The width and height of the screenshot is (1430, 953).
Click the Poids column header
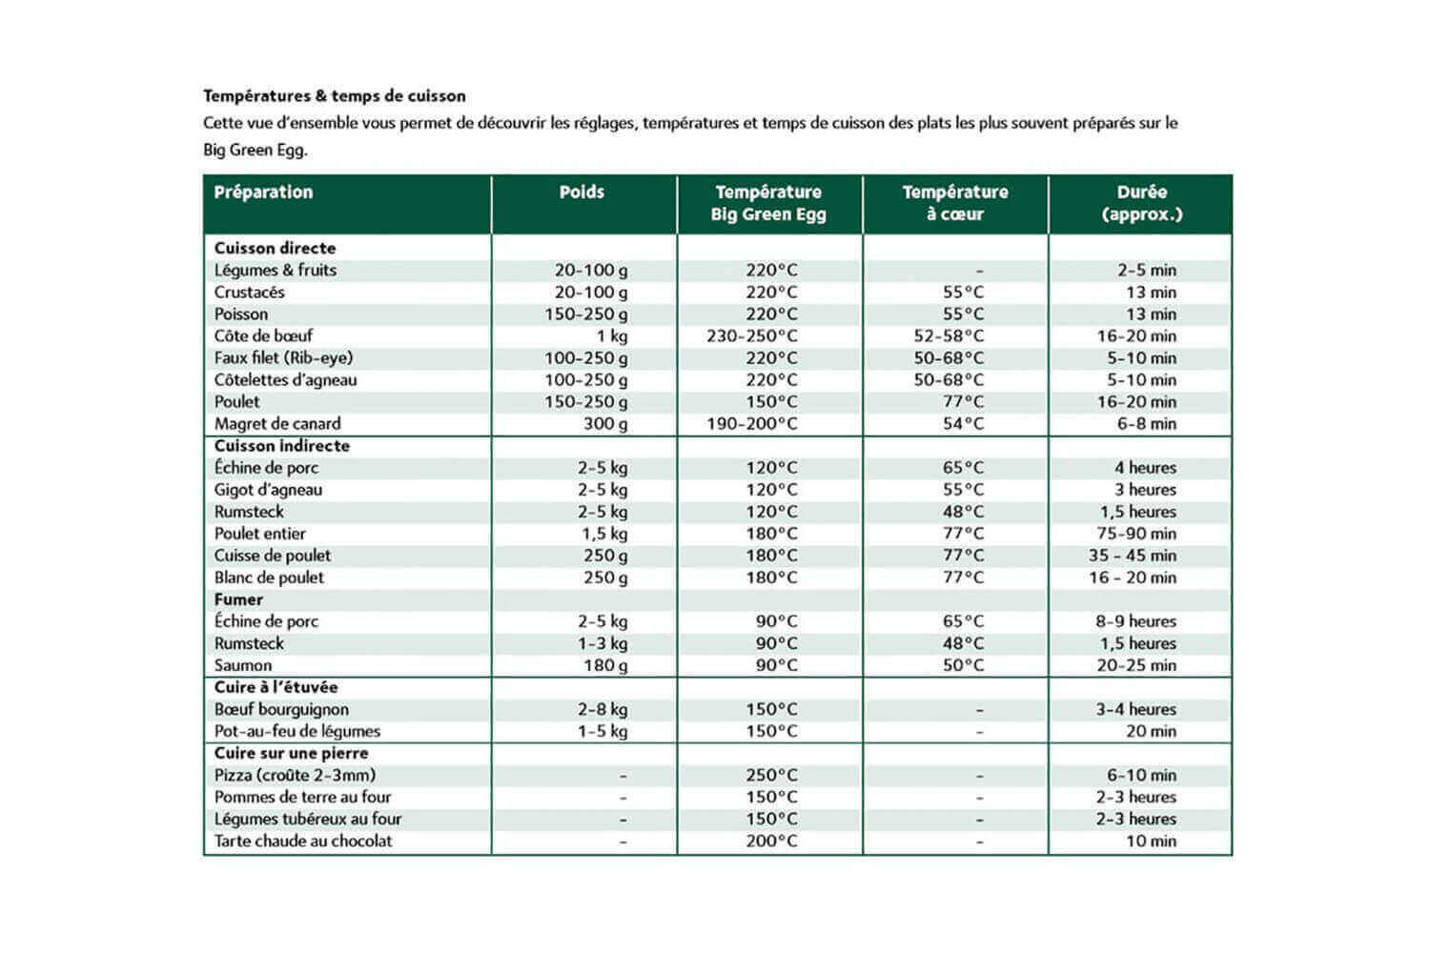pos(582,193)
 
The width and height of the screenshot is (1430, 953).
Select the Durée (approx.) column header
pos(1141,203)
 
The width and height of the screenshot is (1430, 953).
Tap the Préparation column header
pos(263,193)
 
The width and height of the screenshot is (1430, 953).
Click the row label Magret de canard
pos(277,424)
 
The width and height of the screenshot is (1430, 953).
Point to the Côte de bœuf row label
pos(263,336)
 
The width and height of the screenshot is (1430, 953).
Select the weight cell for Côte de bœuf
pos(611,336)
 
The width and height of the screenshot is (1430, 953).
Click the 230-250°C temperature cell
pos(752,336)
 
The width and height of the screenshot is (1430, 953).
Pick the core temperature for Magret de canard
pos(963,424)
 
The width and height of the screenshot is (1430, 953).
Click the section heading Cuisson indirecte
pos(281,446)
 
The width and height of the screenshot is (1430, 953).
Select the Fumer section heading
pos(238,599)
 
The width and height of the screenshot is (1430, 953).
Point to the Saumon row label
pos(243,665)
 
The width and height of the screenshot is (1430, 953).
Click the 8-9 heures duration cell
pos(1135,621)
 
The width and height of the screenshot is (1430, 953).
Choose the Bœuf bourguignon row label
pos(281,710)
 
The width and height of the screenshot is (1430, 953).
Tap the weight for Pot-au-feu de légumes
pos(603,732)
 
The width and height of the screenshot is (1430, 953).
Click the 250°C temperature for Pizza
pos(771,776)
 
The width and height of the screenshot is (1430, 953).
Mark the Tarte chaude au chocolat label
pos(303,841)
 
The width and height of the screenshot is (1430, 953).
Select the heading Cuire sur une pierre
pos(291,754)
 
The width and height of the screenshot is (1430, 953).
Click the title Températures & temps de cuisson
pos(335,96)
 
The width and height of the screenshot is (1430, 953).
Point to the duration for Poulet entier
pos(1136,534)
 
